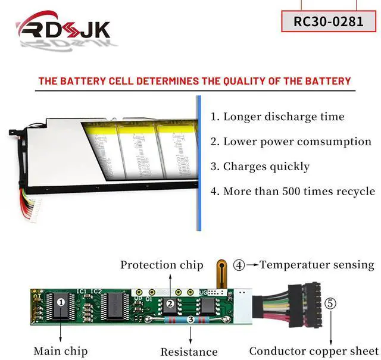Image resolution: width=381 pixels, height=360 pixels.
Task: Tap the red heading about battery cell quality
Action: click(x=195, y=80)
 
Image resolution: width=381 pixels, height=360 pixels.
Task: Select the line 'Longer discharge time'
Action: click(x=277, y=117)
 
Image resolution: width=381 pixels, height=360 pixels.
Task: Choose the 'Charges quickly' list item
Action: click(x=260, y=167)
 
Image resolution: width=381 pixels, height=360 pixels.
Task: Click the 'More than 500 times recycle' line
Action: click(x=292, y=192)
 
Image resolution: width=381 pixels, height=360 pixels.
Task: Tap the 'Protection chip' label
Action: click(x=161, y=265)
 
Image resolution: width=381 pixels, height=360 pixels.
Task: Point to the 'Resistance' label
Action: click(x=189, y=351)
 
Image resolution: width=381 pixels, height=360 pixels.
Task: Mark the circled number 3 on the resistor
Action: click(x=190, y=320)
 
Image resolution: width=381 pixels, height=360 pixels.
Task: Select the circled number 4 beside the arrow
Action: click(x=238, y=265)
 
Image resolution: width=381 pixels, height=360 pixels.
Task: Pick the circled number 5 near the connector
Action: click(x=330, y=303)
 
